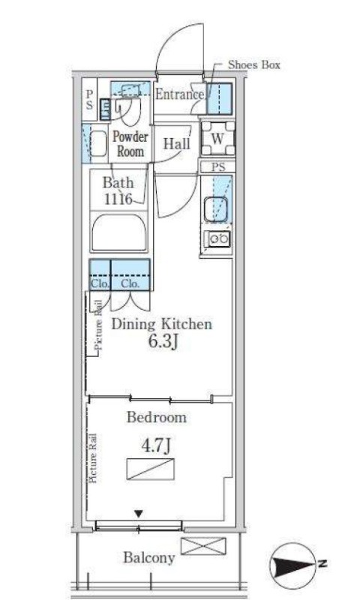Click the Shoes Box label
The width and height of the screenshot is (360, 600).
[254, 64]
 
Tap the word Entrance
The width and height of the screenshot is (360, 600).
[179, 94]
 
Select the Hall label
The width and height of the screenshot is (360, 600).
[177, 144]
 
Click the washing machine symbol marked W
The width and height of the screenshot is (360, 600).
[217, 138]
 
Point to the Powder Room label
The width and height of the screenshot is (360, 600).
[130, 144]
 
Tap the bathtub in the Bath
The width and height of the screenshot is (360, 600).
[119, 232]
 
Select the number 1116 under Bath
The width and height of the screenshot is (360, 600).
[118, 199]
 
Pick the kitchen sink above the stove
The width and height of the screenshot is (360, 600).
[216, 209]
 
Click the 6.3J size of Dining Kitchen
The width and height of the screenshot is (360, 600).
[163, 342]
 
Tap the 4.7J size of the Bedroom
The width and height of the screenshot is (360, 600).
[156, 446]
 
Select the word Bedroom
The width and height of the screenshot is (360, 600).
[157, 417]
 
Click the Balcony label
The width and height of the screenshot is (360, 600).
[149, 558]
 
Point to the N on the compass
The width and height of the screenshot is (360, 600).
[323, 563]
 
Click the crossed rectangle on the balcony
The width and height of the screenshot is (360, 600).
[203, 546]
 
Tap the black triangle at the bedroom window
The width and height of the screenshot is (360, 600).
[139, 514]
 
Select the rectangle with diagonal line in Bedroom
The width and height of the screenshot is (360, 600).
[150, 469]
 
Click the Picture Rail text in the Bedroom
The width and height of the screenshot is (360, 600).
[92, 458]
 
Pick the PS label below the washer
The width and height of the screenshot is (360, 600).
[218, 166]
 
